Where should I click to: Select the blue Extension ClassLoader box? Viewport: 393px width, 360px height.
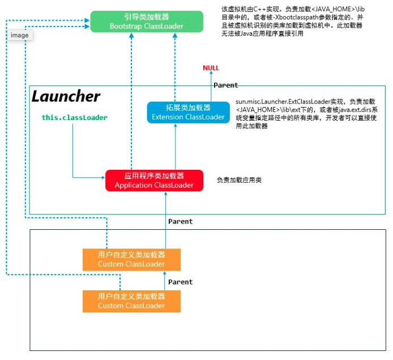pos(181,112)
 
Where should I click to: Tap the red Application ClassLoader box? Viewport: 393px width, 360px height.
pos(154,181)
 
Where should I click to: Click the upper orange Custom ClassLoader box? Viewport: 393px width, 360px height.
pos(131,259)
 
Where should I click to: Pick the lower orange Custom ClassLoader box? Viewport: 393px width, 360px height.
pos(131,301)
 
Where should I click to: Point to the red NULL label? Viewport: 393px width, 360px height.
pos(211,68)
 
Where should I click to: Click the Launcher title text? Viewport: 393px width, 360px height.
pos(66,96)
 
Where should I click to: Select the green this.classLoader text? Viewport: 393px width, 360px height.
pos(74,118)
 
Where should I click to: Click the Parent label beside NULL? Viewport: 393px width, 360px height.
pos(225,85)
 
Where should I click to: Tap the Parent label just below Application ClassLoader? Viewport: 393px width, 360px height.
pos(180,221)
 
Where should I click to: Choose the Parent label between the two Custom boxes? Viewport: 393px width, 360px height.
pos(180,282)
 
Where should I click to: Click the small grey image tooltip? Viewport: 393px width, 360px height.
pos(19,35)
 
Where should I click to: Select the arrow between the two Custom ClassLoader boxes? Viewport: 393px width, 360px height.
pos(165,281)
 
